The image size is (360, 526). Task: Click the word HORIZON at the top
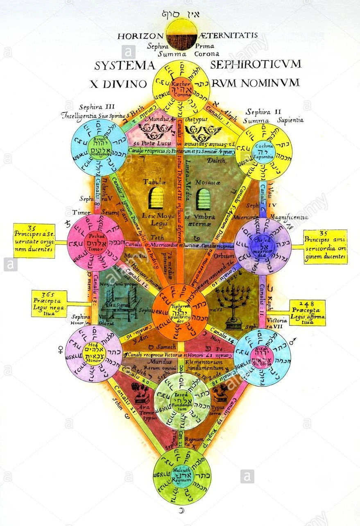click(140, 36)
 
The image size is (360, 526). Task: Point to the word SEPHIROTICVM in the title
click(256, 64)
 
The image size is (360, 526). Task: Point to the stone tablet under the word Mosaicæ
click(203, 199)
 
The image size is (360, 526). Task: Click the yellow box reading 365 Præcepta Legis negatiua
click(49, 303)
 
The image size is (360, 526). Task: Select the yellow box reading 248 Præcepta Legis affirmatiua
click(307, 312)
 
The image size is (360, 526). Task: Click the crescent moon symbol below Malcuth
click(182, 510)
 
